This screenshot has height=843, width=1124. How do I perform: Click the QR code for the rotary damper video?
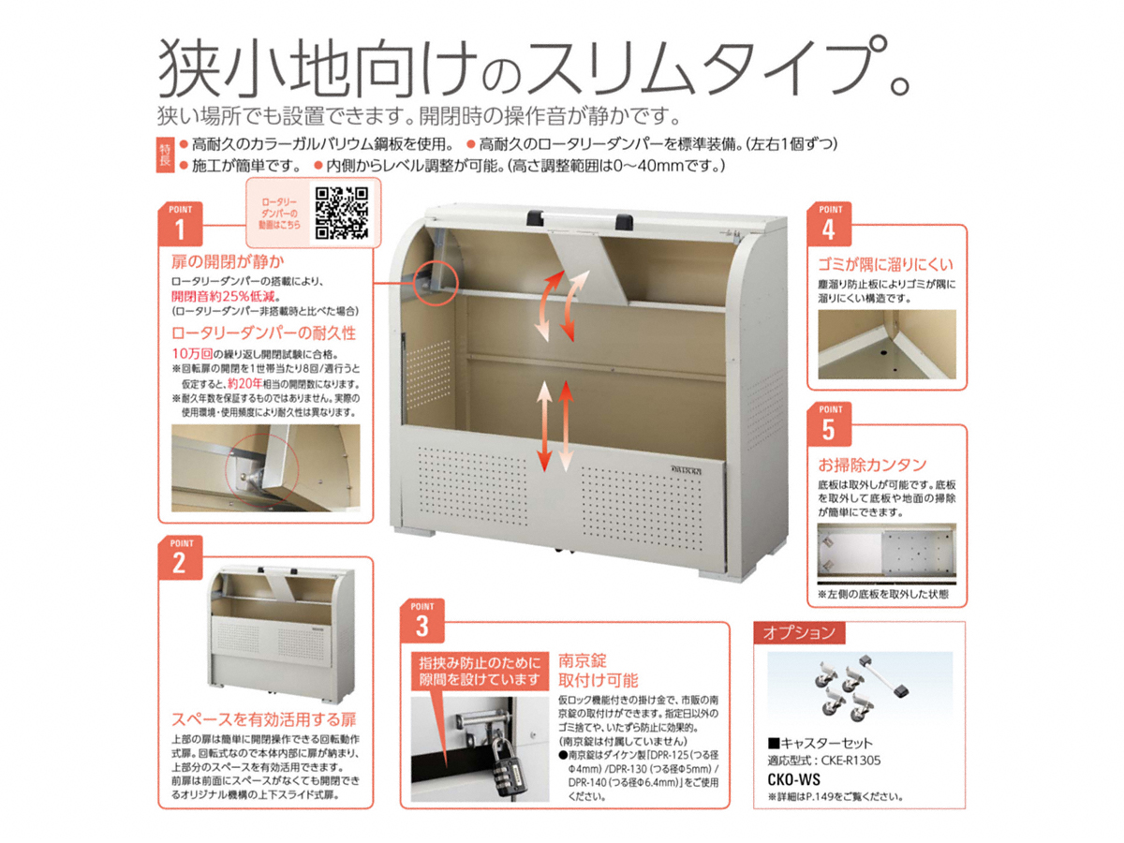(x=342, y=213)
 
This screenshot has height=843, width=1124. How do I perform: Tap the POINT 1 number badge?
(x=180, y=224)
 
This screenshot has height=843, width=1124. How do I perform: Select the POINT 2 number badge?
(x=180, y=558)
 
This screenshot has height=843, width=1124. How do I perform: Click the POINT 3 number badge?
(x=421, y=620)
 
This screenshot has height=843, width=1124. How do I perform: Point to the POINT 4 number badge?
(x=829, y=224)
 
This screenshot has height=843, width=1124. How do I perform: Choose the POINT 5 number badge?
(x=829, y=424)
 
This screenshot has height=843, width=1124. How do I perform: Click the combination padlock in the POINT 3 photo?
(x=506, y=767)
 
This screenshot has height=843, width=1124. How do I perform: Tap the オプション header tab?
(x=799, y=632)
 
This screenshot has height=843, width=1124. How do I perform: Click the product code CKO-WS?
(x=793, y=779)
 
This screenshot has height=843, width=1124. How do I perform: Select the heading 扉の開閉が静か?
(x=228, y=261)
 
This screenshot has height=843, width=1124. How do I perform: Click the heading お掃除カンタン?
(x=872, y=465)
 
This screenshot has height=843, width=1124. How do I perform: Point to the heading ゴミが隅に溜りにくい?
(x=885, y=264)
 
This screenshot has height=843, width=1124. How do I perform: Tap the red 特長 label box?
(x=165, y=155)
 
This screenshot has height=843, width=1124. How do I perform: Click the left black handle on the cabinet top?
(x=537, y=217)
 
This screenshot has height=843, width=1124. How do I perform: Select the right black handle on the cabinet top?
(x=624, y=221)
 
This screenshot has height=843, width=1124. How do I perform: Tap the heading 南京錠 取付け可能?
(x=598, y=671)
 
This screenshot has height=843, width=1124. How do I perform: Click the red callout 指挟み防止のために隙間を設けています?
(x=480, y=671)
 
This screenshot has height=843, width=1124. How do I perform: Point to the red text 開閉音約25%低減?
(x=224, y=296)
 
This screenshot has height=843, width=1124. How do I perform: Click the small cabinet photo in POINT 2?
(x=282, y=634)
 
